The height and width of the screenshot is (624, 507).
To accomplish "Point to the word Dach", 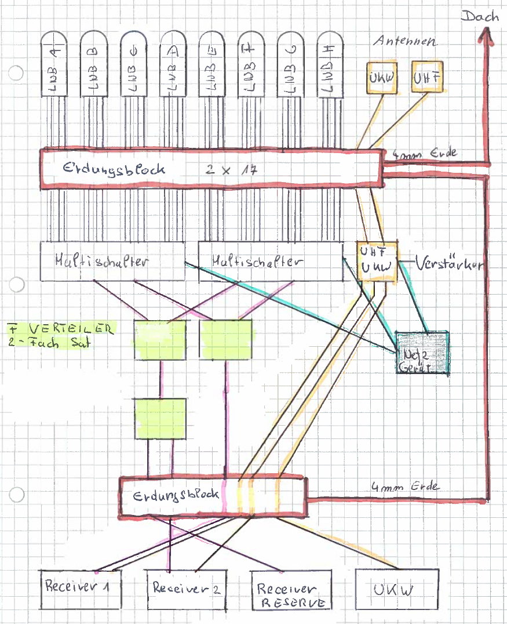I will (479, 16).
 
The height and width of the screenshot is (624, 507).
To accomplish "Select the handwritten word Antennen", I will (404, 42).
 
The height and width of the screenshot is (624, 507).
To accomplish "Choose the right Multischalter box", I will (271, 261).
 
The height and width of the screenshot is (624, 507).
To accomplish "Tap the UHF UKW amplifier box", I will (377, 261).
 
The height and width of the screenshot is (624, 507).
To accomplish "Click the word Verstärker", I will (450, 264).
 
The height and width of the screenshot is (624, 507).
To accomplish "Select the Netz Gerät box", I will (422, 352).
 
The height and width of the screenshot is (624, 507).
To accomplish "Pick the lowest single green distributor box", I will (160, 418).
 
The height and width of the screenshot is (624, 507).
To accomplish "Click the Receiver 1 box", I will (81, 588).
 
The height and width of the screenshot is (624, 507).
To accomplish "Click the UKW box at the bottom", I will (396, 589).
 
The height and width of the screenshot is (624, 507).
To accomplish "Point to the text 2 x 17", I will (231, 170).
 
